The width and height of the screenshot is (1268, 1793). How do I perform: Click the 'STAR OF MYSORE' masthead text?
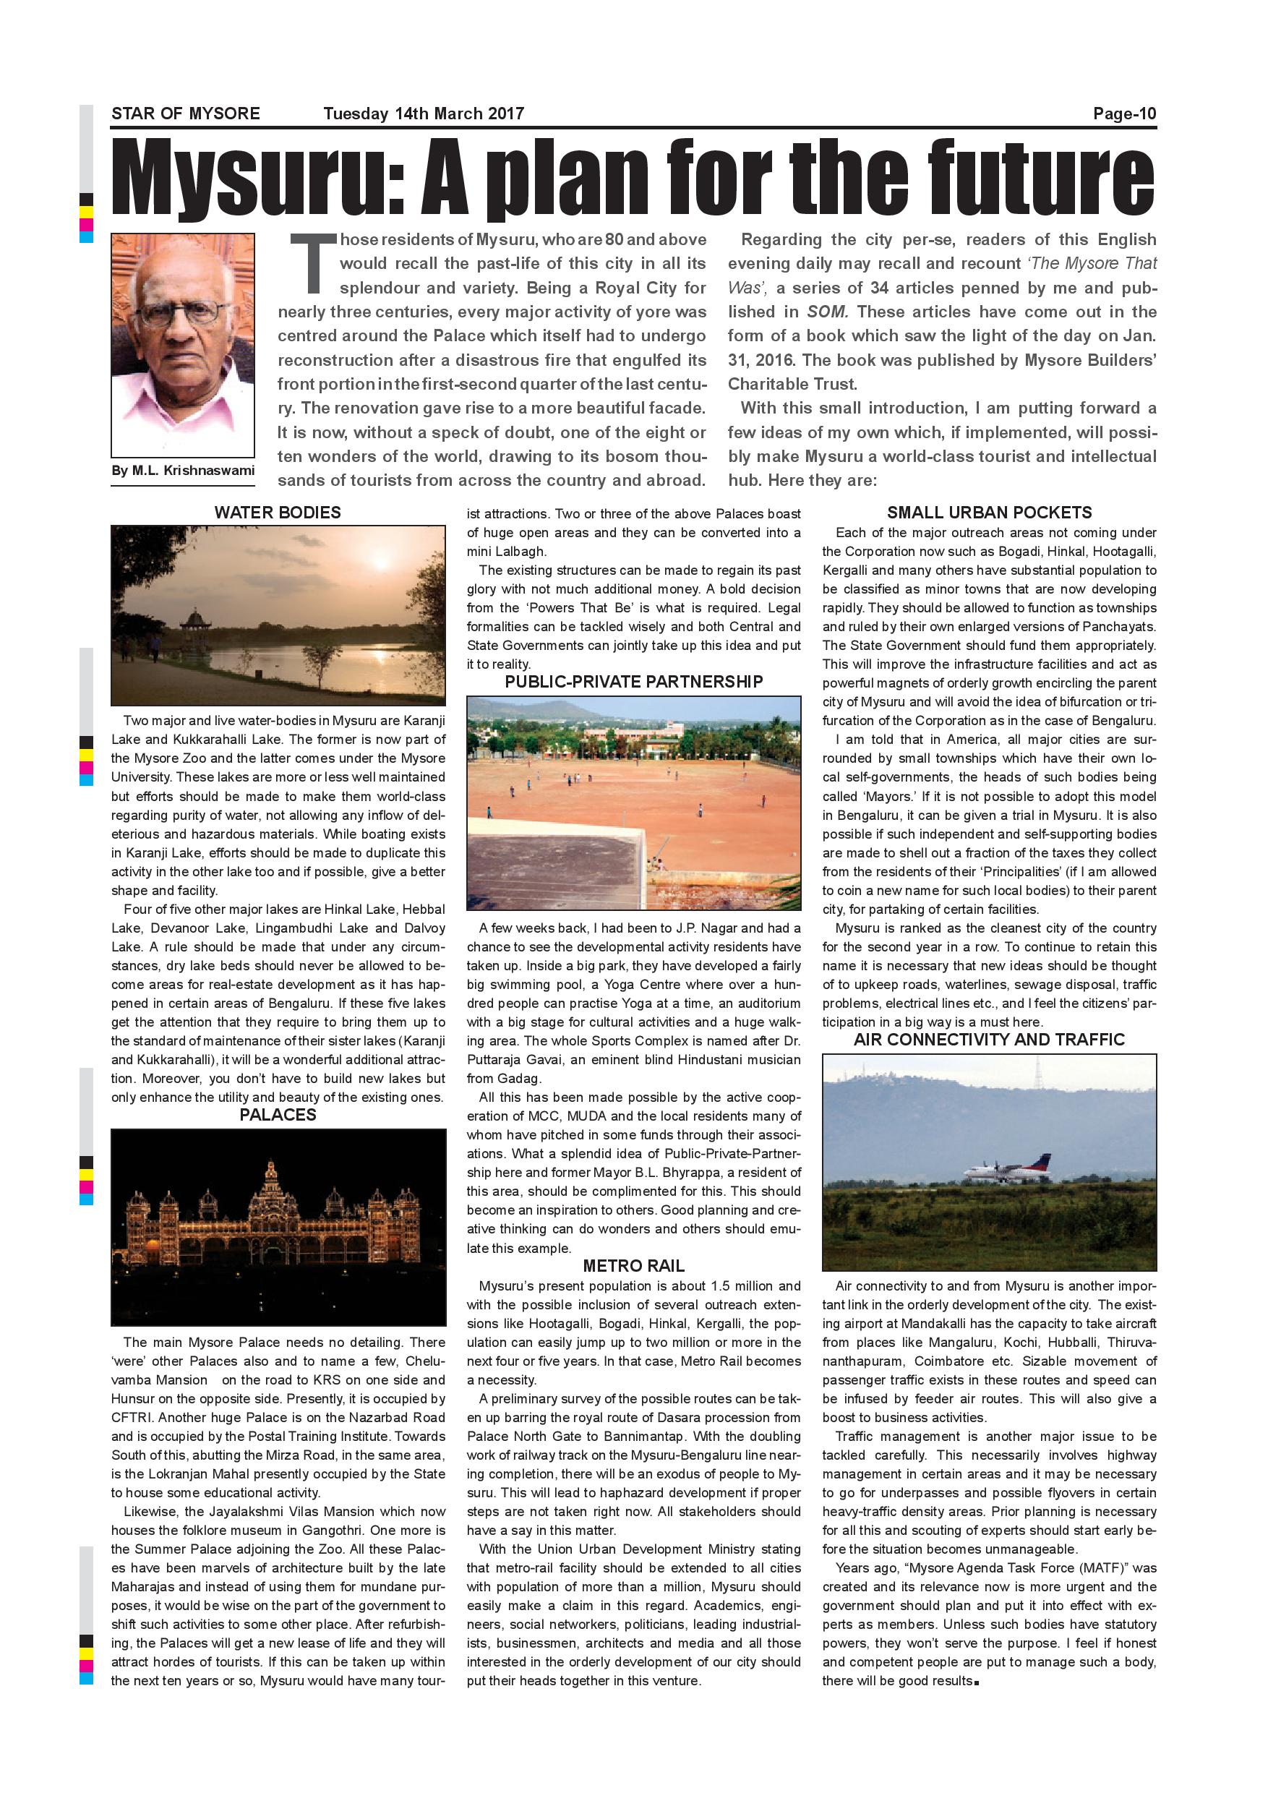[185, 114]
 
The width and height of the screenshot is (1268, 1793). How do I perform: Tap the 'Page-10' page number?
[1123, 114]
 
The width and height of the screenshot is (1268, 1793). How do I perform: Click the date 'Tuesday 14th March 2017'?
[423, 114]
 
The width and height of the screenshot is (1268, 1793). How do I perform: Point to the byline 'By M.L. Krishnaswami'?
[183, 470]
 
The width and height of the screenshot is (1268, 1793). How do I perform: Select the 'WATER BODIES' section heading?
[277, 513]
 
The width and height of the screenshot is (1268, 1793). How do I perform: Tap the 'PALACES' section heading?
[277, 1114]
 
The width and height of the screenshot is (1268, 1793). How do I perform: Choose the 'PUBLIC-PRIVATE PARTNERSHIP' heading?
[633, 682]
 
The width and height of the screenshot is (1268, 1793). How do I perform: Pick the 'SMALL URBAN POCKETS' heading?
[988, 513]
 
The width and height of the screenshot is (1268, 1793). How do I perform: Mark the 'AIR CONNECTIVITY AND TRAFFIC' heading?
[988, 1040]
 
